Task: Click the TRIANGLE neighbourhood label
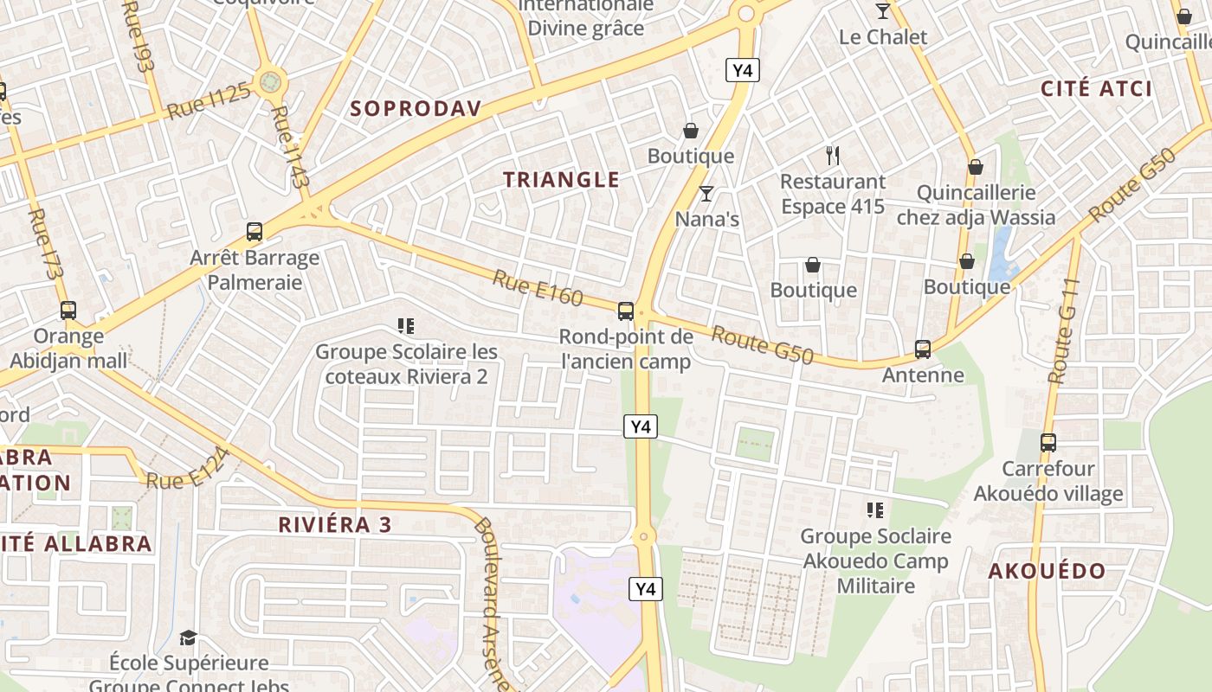[562, 180]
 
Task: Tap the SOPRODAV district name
[416, 108]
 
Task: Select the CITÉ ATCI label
[1097, 88]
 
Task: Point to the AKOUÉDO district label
[1047, 571]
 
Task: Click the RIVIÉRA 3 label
[335, 524]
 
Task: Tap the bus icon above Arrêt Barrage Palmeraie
[255, 232]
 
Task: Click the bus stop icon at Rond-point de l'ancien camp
[625, 311]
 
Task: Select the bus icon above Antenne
[923, 349]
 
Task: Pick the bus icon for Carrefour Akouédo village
[1048, 443]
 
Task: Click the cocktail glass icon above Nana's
[706, 194]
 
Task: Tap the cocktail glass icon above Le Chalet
[883, 11]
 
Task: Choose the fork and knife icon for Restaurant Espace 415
[833, 156]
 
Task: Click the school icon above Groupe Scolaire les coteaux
[405, 326]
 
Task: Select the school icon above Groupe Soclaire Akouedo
[875, 510]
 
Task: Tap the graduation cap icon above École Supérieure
[188, 638]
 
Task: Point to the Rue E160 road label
[538, 287]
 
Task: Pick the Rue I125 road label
[209, 100]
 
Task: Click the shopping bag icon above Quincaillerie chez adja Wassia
[976, 167]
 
